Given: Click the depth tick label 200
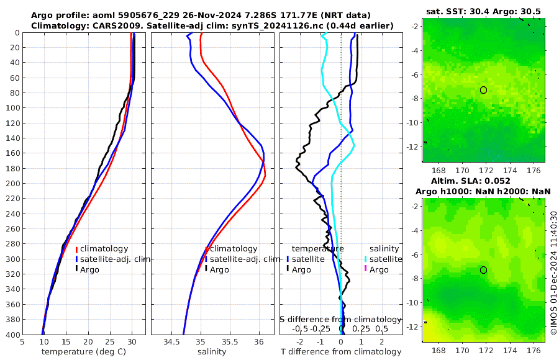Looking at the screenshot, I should (12, 184).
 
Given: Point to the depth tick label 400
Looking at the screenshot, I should (12, 335).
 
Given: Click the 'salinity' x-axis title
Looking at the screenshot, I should (211, 352).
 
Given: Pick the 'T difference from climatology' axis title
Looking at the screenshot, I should (341, 352).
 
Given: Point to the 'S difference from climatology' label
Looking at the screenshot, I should (341, 318).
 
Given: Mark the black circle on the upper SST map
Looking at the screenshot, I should (483, 90).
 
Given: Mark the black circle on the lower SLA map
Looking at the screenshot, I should (483, 270).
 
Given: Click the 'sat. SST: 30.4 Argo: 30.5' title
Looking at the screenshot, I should (483, 12).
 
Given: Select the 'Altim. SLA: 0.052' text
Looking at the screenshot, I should (483, 181).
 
